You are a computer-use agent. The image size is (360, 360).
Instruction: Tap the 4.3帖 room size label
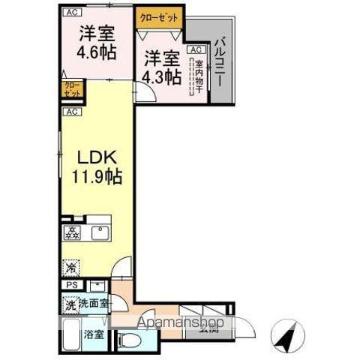point(162,76)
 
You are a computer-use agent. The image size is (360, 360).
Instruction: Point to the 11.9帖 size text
point(97,178)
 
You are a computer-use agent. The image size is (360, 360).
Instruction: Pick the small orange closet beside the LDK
point(72,91)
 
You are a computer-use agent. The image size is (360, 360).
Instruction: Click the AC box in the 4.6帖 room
point(71,12)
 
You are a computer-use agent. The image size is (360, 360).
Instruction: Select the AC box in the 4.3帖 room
point(194,49)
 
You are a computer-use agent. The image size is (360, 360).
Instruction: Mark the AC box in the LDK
point(71,112)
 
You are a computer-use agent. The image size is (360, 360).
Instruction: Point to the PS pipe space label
point(72,285)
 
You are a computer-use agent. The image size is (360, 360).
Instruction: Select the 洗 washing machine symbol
point(69,304)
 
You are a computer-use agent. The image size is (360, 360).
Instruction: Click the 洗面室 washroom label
point(94,304)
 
